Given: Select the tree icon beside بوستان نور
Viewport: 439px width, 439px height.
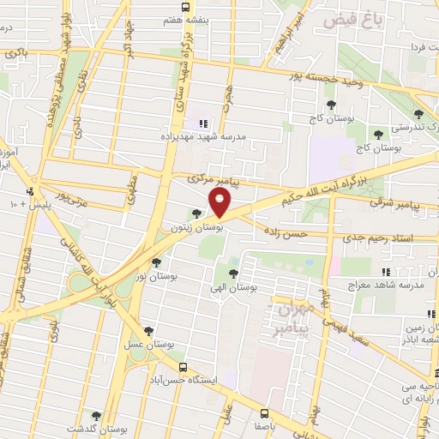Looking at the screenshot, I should pyautogui.click(x=156, y=263).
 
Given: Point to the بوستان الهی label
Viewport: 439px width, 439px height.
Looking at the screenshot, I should pyautogui.click(x=233, y=288).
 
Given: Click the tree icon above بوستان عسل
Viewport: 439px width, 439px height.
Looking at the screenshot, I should pyautogui.click(x=149, y=331).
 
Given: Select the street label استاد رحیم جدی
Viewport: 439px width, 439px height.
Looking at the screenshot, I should pyautogui.click(x=391, y=236).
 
